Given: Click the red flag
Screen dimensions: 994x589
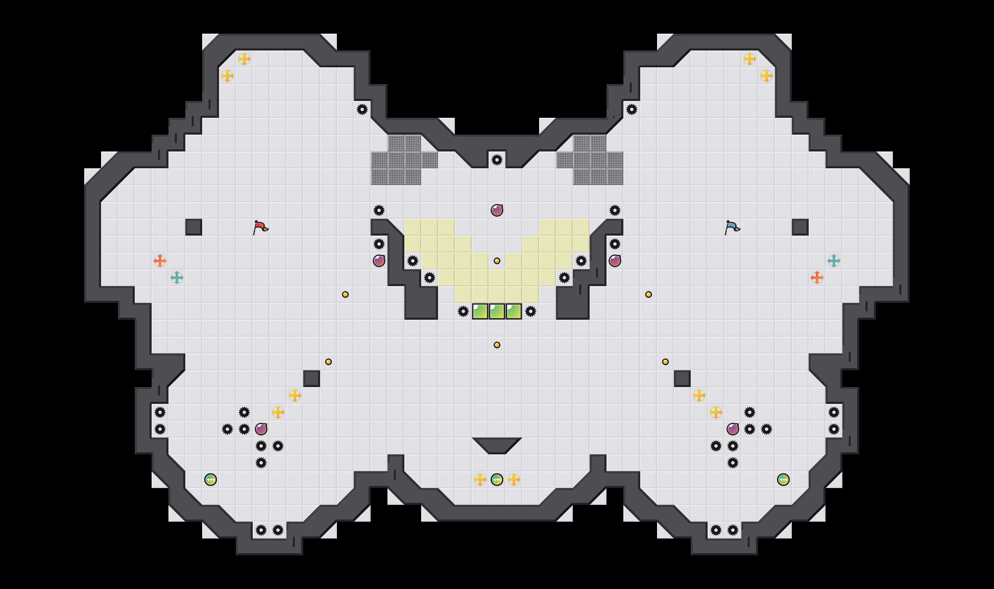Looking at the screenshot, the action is point(260,227).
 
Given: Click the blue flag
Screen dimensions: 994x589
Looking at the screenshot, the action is point(732,227).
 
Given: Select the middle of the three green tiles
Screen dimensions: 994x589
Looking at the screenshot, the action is point(497,311).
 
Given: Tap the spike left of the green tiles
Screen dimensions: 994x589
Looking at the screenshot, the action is point(463,311).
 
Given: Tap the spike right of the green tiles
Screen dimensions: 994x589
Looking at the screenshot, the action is point(531,311).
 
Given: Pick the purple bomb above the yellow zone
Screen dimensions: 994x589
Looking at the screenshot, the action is point(497,210).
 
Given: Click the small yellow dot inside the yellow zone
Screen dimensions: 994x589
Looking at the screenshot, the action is point(497,261).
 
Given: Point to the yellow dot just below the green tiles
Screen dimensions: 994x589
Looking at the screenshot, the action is point(497,345).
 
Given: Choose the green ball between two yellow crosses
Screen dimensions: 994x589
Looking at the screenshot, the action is point(497,480).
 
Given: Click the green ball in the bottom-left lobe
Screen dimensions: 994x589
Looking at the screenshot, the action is point(211,480).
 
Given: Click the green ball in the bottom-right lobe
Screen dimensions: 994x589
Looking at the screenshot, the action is point(783,480).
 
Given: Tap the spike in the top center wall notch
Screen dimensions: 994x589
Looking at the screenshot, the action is point(497,160).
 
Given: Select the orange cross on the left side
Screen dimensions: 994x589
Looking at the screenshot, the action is point(160,261).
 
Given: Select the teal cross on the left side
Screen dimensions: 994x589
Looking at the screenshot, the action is point(177,278).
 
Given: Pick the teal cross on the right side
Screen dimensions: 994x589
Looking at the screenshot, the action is point(834,261).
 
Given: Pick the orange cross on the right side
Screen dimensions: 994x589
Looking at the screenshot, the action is point(817,278).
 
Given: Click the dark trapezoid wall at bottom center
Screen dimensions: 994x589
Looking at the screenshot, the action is point(497,444).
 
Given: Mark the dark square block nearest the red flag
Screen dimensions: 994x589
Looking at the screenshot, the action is point(194,227).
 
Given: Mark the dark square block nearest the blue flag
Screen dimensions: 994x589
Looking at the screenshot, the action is point(800,227).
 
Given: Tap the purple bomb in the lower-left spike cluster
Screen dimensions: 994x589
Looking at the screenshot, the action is point(261,429).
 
